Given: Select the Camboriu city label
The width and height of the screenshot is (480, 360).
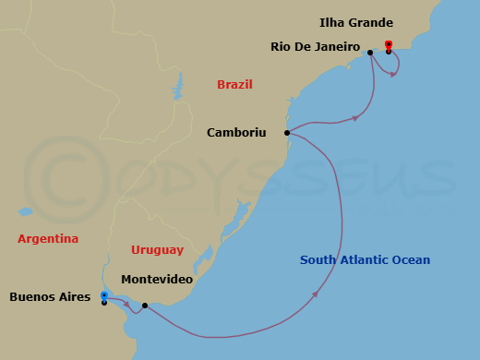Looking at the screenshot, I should [x=235, y=133].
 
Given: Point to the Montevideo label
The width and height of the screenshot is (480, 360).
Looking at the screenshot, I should [x=157, y=279].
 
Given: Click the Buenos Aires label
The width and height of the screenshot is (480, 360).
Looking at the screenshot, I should [x=50, y=297].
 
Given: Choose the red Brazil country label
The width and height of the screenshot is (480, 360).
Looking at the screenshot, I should [x=234, y=85].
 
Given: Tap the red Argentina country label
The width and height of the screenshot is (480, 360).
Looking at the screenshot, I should [x=48, y=239].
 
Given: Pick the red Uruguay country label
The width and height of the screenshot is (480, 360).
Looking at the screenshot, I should [x=157, y=250].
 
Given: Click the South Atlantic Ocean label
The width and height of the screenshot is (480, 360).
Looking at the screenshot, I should [x=365, y=260].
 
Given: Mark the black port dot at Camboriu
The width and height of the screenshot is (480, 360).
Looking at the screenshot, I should [x=287, y=133].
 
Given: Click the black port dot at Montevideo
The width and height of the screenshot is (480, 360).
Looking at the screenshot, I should [x=145, y=305].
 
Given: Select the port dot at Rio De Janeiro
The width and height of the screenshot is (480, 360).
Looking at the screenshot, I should [x=370, y=53].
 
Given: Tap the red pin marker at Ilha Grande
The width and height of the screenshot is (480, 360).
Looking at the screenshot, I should [x=389, y=44].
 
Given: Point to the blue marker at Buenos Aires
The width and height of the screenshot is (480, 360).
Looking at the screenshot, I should [x=104, y=295].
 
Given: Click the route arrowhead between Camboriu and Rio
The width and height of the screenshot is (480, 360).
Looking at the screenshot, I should [x=355, y=118].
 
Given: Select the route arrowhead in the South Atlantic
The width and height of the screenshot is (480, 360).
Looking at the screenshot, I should [x=318, y=294].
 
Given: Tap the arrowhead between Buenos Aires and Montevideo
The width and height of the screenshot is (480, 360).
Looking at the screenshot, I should [x=126, y=304].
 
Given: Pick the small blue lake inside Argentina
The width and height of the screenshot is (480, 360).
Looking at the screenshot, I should [x=27, y=211].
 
